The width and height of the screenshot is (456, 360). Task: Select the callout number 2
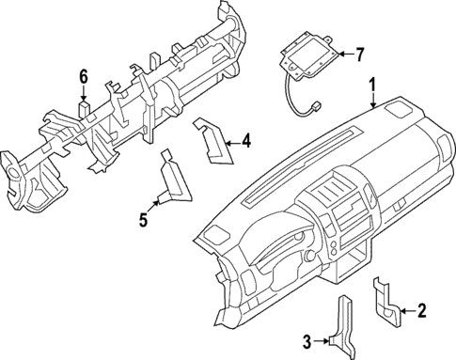point(422,308)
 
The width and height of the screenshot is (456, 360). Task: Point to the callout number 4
point(245,142)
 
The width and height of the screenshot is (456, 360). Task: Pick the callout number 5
point(143,220)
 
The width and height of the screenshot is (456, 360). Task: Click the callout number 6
point(83,76)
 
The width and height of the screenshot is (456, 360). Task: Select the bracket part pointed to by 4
point(212,141)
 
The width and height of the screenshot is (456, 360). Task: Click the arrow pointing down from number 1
point(373,103)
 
